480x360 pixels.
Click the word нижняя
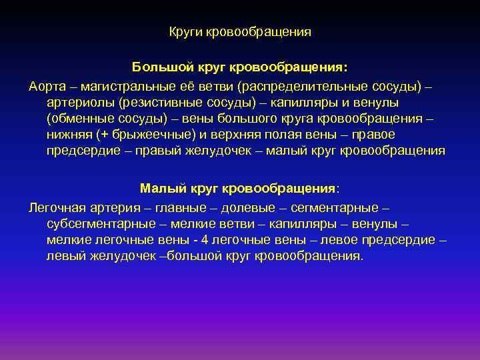pos(69,135)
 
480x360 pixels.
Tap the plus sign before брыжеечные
pos(105,135)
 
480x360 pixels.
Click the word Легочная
pos(59,209)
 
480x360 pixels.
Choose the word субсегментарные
pos(93,225)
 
